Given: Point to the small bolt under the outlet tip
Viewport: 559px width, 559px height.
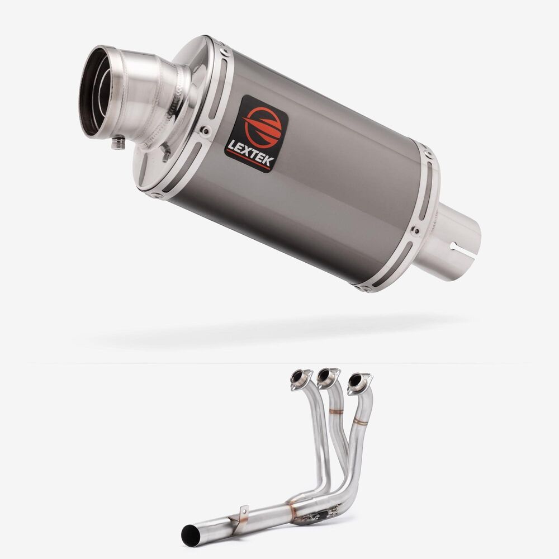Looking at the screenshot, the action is [x=118, y=143].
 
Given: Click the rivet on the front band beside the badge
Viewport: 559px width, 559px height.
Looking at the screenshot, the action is [x=205, y=131].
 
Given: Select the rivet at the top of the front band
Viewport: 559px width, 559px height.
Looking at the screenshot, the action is [x=224, y=51].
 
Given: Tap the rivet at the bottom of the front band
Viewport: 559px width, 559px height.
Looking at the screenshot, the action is [x=157, y=195].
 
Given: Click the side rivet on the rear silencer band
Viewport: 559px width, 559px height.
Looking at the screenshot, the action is [x=415, y=231].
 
